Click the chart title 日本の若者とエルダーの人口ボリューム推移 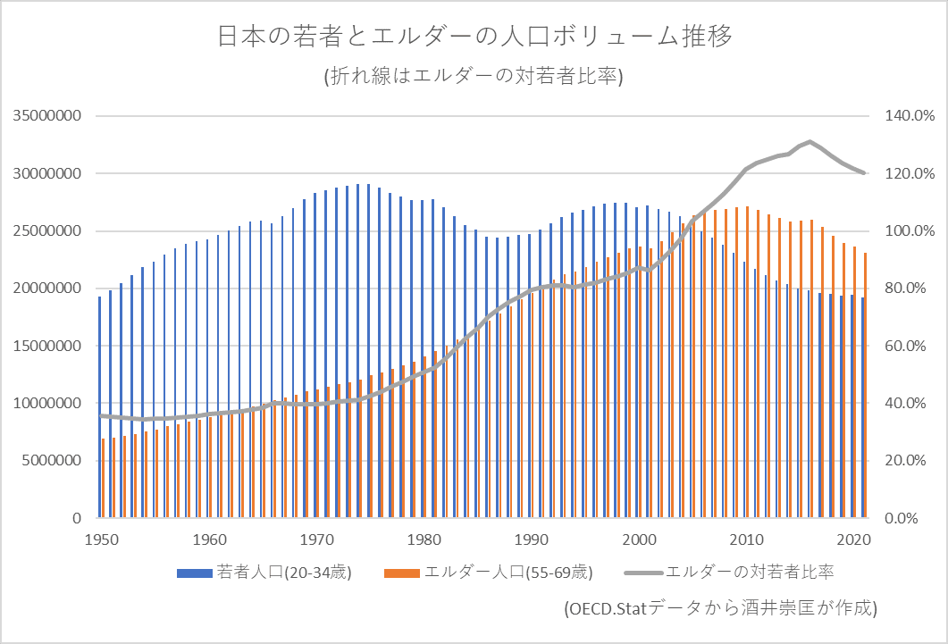pyautogui.click(x=474, y=38)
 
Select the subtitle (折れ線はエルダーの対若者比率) pyautogui.click(x=474, y=77)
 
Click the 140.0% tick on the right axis pyautogui.click(x=903, y=116)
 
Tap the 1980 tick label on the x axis pyautogui.click(x=424, y=539)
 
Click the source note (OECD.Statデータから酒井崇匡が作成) pyautogui.click(x=721, y=608)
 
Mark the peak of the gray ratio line pyautogui.click(x=810, y=142)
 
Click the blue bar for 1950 pyautogui.click(x=99, y=407)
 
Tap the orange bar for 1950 pyautogui.click(x=104, y=478)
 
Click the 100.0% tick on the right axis pyautogui.click(x=903, y=231)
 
